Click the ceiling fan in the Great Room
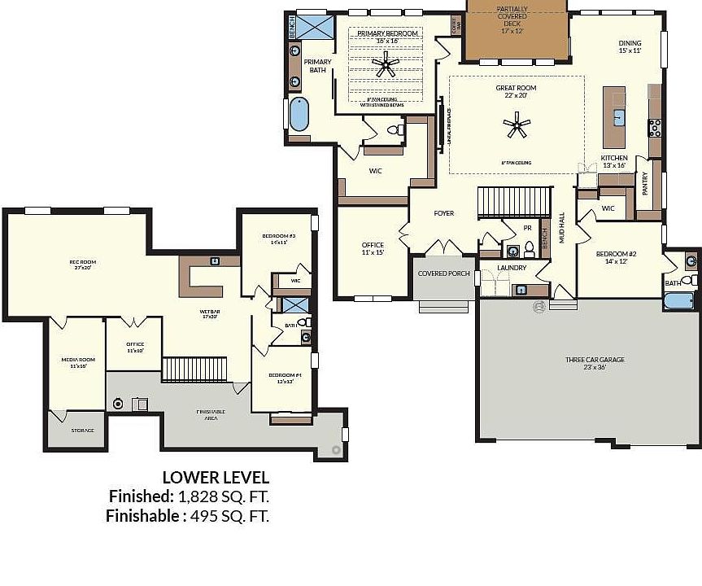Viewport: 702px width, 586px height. (x=517, y=125)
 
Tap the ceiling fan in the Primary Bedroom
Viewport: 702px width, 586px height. (x=385, y=64)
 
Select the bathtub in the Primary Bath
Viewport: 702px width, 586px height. (x=299, y=115)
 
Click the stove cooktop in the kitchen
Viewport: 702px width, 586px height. (x=653, y=127)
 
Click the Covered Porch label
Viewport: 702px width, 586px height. (x=443, y=273)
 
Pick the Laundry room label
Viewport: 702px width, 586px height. (x=512, y=268)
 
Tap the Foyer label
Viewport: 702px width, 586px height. (x=443, y=213)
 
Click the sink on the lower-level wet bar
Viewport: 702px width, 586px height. (x=214, y=261)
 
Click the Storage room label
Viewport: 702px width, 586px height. (x=82, y=430)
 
